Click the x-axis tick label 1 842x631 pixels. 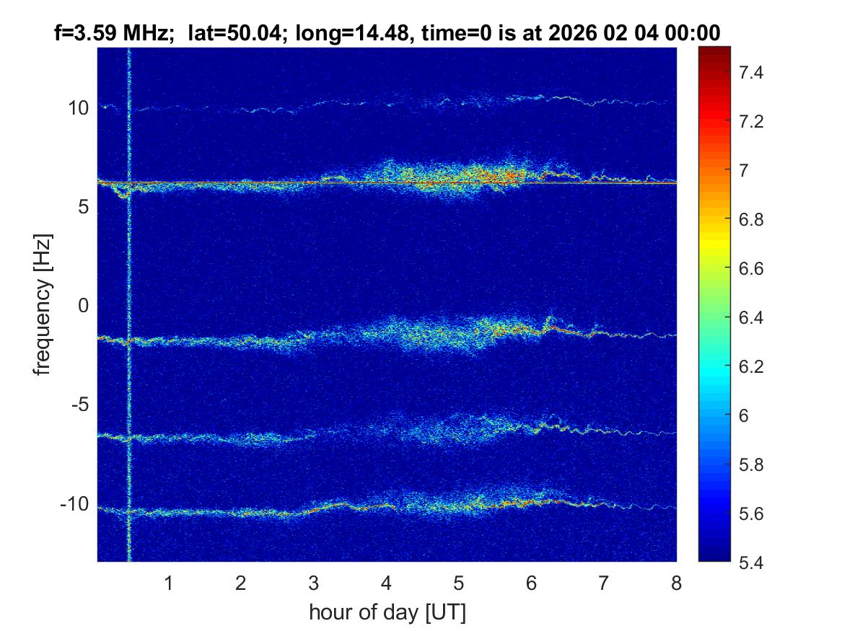[x=169, y=583]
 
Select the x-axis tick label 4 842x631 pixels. [x=386, y=583]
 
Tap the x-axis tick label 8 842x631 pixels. [x=676, y=583]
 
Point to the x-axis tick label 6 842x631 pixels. [x=531, y=583]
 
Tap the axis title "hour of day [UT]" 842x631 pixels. [x=387, y=613]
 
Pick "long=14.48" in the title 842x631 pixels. [x=342, y=32]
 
